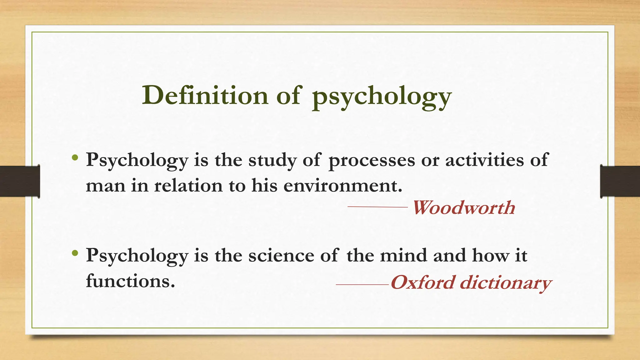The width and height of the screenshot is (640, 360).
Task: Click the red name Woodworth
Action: click(464, 207)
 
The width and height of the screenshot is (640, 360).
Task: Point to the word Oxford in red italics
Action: click(423, 282)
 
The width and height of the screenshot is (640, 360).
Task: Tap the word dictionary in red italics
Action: click(506, 283)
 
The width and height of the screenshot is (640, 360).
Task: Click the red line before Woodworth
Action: click(377, 207)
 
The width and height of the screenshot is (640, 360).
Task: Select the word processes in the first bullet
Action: click(372, 161)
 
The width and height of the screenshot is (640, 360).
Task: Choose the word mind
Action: click(403, 255)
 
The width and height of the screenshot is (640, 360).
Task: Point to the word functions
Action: click(130, 281)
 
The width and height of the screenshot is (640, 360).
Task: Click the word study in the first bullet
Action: click(272, 161)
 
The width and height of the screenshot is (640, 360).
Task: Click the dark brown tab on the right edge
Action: click(620, 181)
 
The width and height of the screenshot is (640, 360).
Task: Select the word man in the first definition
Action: click(105, 186)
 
